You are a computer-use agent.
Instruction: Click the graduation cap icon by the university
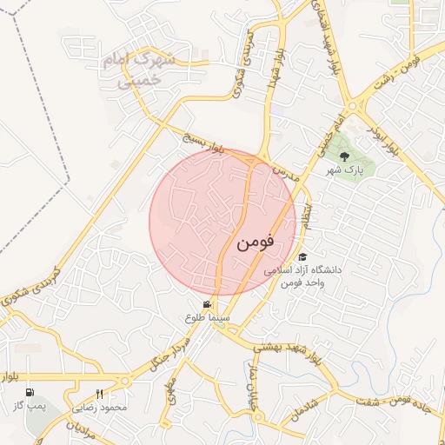coord(302,257)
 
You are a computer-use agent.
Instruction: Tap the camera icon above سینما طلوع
coord(207,305)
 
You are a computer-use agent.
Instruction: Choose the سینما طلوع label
coord(207,318)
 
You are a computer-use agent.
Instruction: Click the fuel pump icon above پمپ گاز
coord(31,393)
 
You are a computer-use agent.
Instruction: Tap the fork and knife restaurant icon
coord(99,394)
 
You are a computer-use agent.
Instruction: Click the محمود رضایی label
coord(103,407)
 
